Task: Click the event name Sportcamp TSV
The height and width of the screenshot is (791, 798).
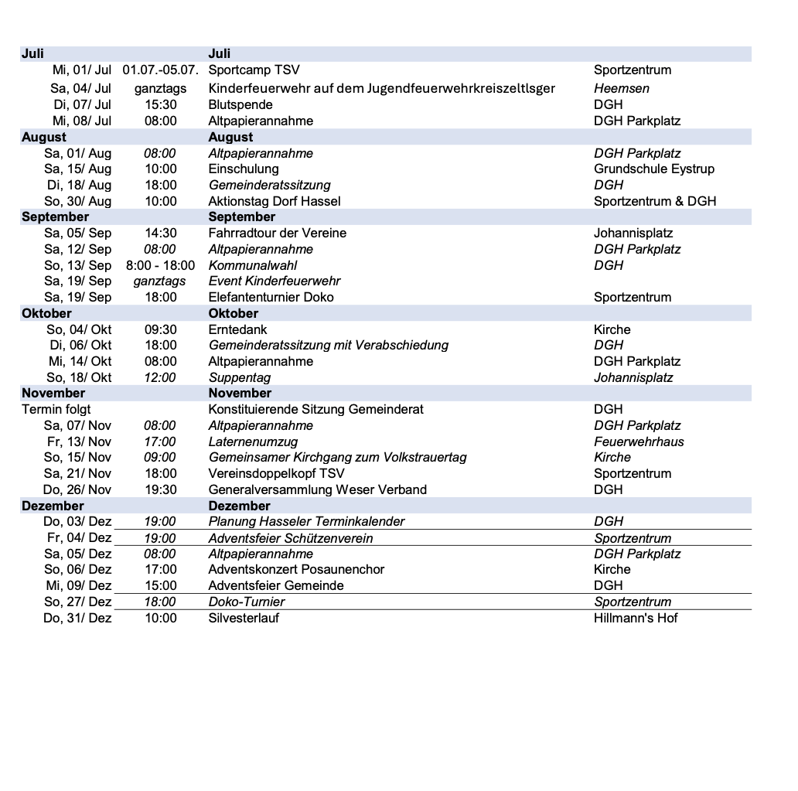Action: click(x=254, y=70)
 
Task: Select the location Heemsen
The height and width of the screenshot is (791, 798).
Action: click(x=621, y=88)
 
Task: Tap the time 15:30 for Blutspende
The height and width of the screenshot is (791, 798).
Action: click(x=160, y=104)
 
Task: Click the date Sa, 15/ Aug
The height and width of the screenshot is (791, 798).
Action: click(x=77, y=169)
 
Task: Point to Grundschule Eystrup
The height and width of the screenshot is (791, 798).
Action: click(x=653, y=169)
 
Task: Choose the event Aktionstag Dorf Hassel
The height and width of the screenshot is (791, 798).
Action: click(x=274, y=201)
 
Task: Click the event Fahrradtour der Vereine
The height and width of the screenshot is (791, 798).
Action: click(x=277, y=233)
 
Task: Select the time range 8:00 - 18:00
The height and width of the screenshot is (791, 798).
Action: click(x=160, y=265)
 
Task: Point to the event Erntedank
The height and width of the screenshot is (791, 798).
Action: click(x=237, y=329)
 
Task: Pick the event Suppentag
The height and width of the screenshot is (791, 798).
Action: click(x=239, y=377)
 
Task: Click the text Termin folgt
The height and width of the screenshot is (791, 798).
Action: click(x=56, y=409)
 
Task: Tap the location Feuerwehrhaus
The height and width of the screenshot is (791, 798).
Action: click(x=639, y=442)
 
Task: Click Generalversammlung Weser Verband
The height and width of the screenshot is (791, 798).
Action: click(x=317, y=489)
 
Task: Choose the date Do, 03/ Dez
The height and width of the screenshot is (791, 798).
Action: click(x=77, y=521)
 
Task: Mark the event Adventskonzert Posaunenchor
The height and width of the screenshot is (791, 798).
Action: click(x=296, y=569)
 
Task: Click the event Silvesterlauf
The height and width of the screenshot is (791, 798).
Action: click(x=244, y=618)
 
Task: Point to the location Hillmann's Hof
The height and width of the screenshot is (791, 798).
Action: click(x=636, y=618)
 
